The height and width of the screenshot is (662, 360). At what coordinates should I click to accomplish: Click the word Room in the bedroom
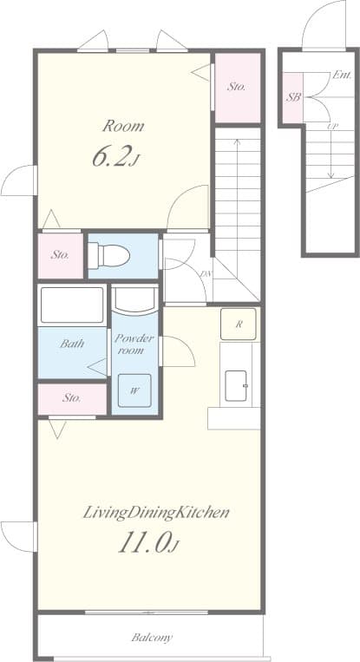click(122, 126)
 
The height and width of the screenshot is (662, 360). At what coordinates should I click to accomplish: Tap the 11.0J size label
click(149, 544)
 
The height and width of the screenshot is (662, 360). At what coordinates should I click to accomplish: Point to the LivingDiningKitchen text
click(156, 512)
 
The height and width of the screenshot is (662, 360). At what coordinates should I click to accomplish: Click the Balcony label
click(152, 638)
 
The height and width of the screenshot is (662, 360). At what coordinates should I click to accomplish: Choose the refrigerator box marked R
click(238, 324)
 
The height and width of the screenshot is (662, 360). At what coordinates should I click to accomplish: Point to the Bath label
click(72, 344)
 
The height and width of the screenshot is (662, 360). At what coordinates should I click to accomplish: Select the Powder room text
click(134, 344)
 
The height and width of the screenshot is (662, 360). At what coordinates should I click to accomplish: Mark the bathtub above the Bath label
click(72, 305)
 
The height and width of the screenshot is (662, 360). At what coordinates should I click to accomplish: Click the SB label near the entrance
click(293, 96)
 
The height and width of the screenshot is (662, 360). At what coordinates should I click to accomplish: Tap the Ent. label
click(341, 75)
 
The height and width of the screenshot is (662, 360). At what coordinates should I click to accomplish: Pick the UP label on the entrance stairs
click(332, 128)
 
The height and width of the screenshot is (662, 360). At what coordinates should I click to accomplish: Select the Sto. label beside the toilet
click(60, 255)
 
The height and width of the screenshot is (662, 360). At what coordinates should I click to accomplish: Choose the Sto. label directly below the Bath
click(72, 398)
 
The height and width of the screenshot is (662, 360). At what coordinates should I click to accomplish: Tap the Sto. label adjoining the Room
click(237, 87)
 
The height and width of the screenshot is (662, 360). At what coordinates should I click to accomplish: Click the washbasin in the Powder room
click(135, 299)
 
